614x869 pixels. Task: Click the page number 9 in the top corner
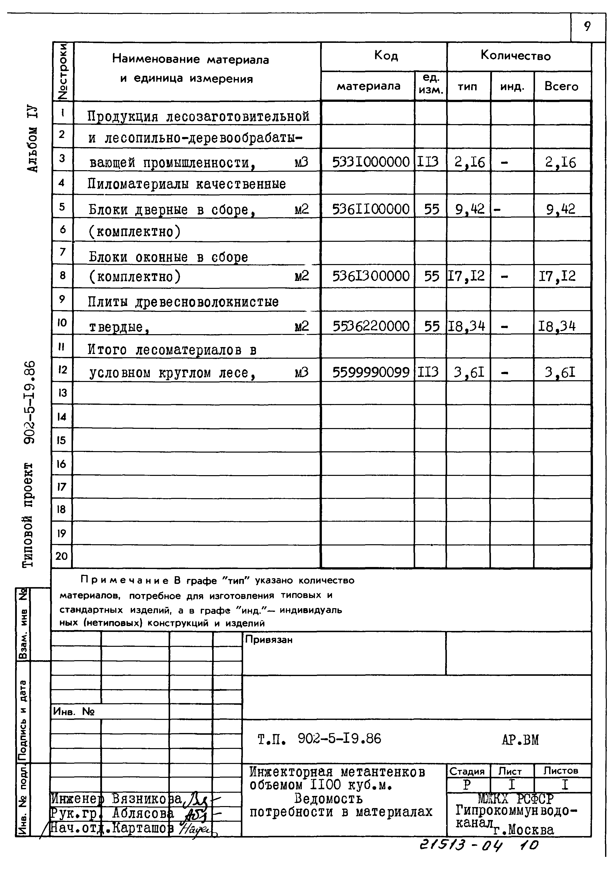587,27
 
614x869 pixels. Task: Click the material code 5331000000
370,162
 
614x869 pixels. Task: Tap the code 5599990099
370,373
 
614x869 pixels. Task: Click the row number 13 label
62,393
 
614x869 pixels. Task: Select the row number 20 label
62,556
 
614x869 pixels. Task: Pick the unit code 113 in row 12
428,373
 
